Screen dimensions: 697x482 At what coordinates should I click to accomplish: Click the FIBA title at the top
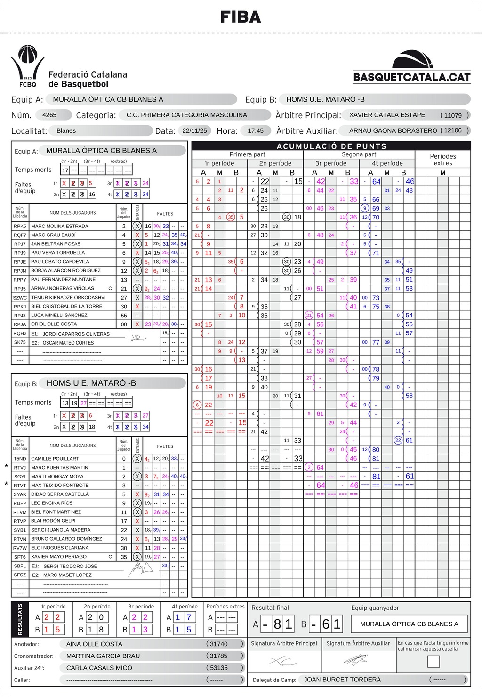[x=241, y=17]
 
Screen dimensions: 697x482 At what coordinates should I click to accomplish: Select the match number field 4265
[x=49, y=115]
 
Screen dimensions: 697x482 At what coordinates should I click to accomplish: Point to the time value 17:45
[x=256, y=131]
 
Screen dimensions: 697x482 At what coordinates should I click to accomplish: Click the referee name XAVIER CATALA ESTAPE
[x=387, y=115]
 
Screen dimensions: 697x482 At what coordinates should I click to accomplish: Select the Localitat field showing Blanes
[x=66, y=131]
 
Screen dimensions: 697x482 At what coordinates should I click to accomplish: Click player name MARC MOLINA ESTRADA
[x=59, y=226]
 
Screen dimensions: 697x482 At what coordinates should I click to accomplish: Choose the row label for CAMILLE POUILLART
[x=55, y=459]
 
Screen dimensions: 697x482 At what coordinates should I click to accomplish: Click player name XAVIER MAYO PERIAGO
[x=59, y=557]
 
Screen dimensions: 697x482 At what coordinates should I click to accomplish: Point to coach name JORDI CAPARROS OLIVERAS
[x=76, y=334]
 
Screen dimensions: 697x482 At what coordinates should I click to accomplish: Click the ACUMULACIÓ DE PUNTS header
[x=331, y=146]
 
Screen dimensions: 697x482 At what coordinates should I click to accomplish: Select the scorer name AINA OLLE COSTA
[x=94, y=644]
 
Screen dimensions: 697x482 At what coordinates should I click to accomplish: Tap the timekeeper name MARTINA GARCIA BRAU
[x=103, y=656]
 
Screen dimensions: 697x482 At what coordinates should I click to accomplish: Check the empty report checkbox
[x=433, y=662]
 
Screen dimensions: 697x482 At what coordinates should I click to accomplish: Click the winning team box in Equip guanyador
[x=409, y=624]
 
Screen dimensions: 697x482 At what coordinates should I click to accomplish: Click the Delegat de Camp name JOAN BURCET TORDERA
[x=342, y=680]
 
